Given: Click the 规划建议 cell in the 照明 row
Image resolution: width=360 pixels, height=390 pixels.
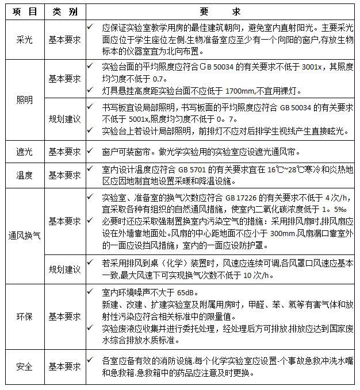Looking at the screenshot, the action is pos(64,118).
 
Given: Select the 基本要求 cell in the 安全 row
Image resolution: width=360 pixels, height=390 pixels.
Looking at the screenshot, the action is pos(64,366).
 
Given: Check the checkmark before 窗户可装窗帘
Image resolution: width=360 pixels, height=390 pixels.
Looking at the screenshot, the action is pos(91,151).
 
